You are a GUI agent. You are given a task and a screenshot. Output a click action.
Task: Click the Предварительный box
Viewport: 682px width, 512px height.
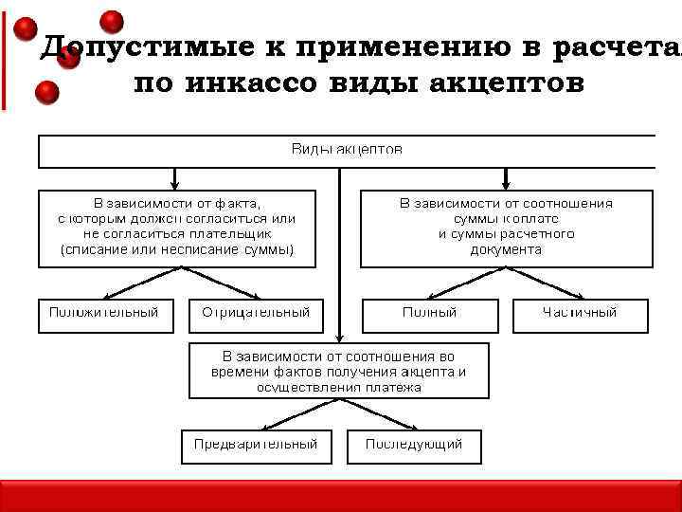(x=256, y=446)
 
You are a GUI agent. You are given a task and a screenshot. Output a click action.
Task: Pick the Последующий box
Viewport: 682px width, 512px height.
(x=414, y=446)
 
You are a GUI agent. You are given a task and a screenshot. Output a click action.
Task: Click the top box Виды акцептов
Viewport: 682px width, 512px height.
(x=347, y=151)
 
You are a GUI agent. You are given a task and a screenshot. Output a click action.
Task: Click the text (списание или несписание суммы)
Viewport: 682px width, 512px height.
(x=177, y=250)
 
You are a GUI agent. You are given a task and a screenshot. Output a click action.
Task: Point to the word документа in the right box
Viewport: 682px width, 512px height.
(x=506, y=250)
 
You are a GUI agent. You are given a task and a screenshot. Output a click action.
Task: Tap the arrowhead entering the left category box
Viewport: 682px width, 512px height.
(x=175, y=184)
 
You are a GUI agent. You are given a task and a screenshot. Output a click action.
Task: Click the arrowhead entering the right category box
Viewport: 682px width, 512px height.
(x=506, y=184)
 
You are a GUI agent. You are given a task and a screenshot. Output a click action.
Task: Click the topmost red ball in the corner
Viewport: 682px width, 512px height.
(x=112, y=21)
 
